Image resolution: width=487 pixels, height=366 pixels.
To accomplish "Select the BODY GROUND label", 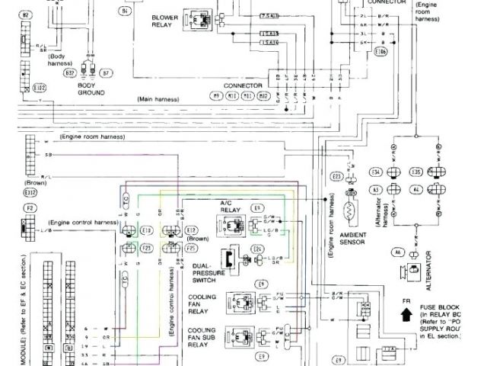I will point(91,89).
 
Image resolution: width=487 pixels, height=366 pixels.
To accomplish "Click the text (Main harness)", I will point(158,100).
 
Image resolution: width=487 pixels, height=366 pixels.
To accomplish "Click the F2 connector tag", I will point(30,207).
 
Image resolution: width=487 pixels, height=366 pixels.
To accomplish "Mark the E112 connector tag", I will point(31,192).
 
